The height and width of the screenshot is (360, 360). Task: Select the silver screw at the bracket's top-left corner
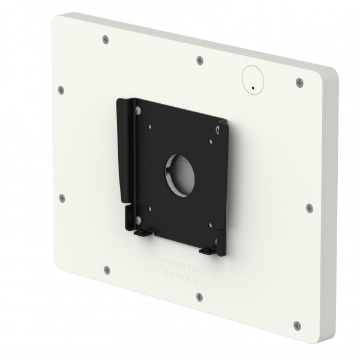(x=139, y=109)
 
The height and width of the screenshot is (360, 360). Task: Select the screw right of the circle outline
(x=297, y=83)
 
